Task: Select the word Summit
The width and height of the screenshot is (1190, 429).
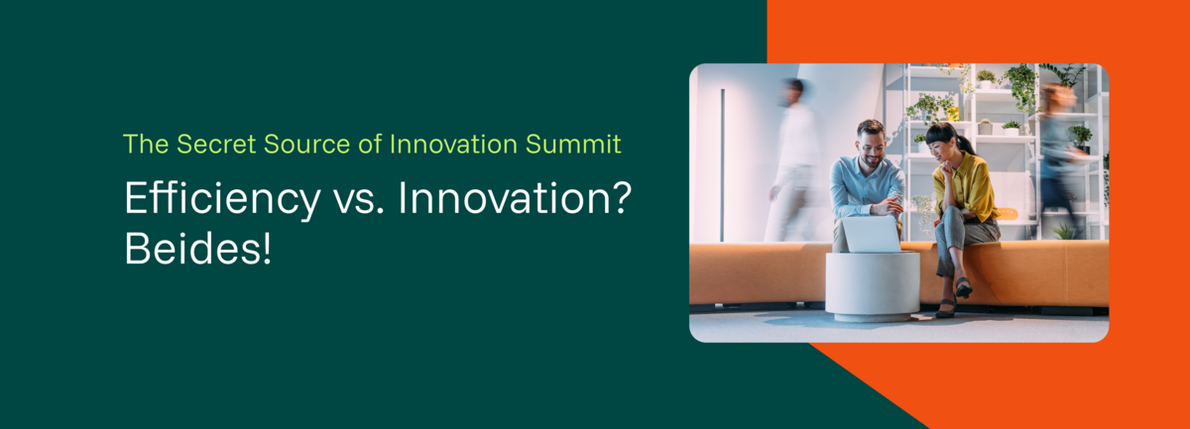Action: [x=573, y=144]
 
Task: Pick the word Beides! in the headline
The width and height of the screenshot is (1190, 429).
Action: [x=198, y=248]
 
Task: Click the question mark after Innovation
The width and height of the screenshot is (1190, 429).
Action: [x=620, y=197]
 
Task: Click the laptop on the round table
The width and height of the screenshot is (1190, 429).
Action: [x=872, y=234]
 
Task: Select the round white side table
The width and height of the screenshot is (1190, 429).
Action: [x=873, y=285]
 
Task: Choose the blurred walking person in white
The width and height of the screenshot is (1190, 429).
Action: [x=790, y=160]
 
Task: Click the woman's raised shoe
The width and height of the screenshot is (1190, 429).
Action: [x=964, y=287]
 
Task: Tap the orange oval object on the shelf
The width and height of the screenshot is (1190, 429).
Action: [x=1007, y=214]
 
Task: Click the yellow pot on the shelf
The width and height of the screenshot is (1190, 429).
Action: [x=953, y=114]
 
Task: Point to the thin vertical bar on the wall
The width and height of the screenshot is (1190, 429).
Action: [x=723, y=165]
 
